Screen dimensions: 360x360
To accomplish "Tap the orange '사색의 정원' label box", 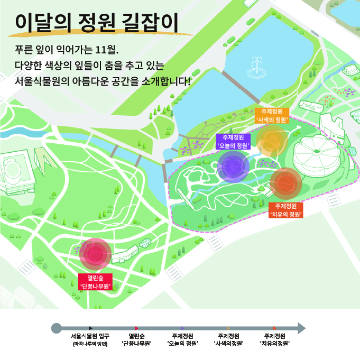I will coord(272,116).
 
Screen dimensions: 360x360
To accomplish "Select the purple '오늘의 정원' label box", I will coord(233,141).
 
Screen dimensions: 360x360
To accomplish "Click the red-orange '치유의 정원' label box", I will coord(285,210).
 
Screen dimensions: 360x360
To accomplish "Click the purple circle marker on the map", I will coord(233,167).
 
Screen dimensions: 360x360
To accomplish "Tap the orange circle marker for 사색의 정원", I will coord(272,141).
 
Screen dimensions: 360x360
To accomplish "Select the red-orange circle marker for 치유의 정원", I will coord(285,183).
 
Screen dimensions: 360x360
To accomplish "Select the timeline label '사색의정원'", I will coord(228,340).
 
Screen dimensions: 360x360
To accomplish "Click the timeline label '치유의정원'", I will coord(274,340).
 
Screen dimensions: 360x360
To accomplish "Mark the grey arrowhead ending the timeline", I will coord(301,328).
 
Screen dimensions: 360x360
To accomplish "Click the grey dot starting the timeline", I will coord(56,328).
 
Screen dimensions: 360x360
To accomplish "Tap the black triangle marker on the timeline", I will coord(91,328).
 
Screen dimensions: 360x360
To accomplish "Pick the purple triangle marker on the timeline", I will coord(182,328).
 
